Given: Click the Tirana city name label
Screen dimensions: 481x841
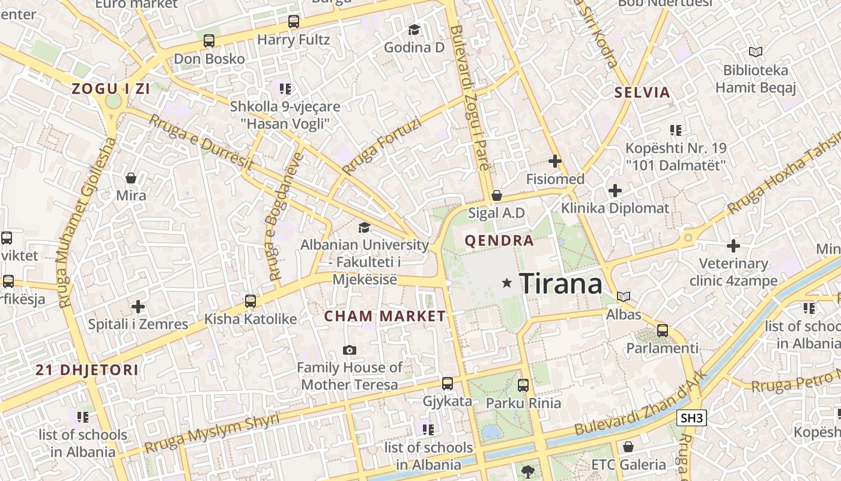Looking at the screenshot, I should click(560, 283).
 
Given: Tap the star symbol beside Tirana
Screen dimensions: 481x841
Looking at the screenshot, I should click(508, 283).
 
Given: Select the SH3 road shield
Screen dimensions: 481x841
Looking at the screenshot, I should click(691, 418).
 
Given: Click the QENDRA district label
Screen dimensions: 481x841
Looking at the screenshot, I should click(499, 241).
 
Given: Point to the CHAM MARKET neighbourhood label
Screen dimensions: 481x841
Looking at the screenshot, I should click(385, 316).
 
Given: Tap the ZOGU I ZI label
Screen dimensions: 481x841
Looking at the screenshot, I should click(111, 89).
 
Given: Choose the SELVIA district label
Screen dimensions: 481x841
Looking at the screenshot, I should click(642, 93).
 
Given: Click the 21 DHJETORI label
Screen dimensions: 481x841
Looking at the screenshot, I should click(87, 370).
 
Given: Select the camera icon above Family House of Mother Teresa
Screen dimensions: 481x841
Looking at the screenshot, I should click(349, 350).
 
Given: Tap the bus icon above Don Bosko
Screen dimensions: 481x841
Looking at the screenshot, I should click(209, 41).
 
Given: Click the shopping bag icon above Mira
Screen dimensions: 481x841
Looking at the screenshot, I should click(131, 178).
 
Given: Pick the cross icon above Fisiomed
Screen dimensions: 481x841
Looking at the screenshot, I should click(555, 161).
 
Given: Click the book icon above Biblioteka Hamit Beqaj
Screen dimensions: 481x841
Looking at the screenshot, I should click(755, 52).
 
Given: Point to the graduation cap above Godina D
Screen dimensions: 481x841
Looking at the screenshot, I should click(414, 29).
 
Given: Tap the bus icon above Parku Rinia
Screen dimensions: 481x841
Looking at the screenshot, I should click(523, 385).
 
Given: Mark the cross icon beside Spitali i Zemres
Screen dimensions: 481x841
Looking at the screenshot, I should click(138, 307).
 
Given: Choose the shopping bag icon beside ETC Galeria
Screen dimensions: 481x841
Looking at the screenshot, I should click(628, 447).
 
